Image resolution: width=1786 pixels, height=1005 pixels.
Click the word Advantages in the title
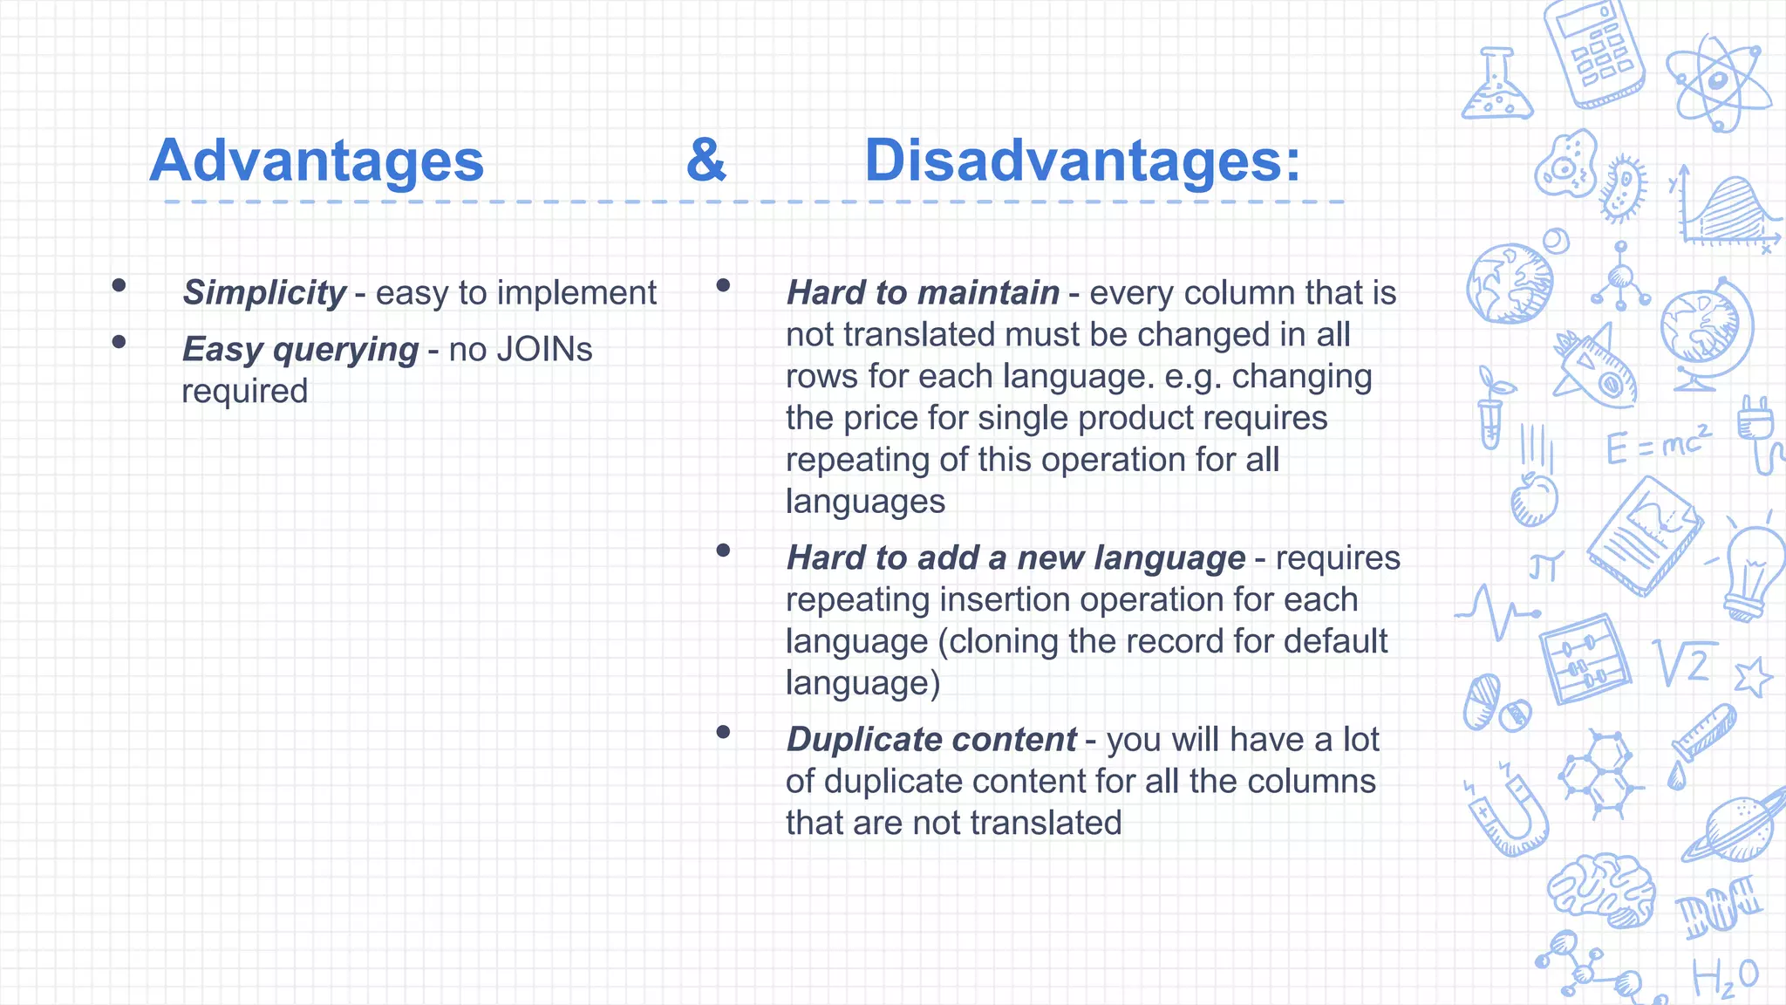pos(317,161)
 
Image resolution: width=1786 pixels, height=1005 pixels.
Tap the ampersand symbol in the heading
pos(706,161)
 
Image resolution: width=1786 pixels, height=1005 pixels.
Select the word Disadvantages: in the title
pos(1081,161)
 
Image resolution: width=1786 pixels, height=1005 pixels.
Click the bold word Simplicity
pos(264,293)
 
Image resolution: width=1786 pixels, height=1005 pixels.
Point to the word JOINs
pos(544,350)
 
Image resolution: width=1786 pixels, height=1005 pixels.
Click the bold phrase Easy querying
pos(300,350)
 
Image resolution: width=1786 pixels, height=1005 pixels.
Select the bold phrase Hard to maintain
pos(923,293)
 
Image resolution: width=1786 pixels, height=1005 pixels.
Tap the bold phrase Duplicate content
pos(931,740)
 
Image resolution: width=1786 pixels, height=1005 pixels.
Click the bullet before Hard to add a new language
pos(723,550)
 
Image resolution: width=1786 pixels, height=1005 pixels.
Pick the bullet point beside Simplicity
pos(119,285)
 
